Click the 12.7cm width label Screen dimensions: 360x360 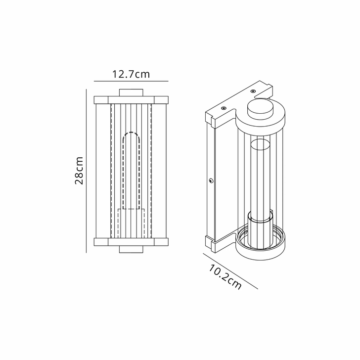click(x=131, y=75)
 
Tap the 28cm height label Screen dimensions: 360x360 click(x=79, y=171)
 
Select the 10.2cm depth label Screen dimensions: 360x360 click(x=225, y=277)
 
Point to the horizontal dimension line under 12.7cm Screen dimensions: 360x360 click(x=131, y=81)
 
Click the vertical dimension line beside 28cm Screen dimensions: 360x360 click(x=87, y=171)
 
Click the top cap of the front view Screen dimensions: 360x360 click(x=131, y=92)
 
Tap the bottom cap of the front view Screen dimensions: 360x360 click(x=131, y=248)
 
